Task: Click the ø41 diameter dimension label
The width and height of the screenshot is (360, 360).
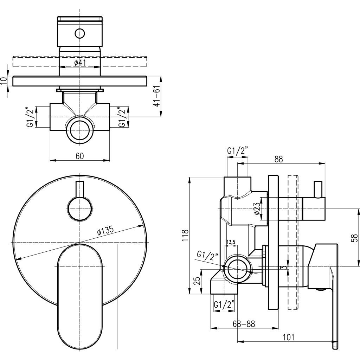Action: [x=80, y=63]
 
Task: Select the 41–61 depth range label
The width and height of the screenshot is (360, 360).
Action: [x=156, y=96]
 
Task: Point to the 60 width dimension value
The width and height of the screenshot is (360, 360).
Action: [x=80, y=156]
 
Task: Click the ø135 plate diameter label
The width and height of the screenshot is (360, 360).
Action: [x=105, y=231]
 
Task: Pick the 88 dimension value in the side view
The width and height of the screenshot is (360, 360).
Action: [x=279, y=159]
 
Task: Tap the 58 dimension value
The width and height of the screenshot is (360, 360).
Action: [x=355, y=238]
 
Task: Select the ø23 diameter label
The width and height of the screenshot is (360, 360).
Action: [x=257, y=208]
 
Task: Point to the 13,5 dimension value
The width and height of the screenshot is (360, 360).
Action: [x=231, y=242]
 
